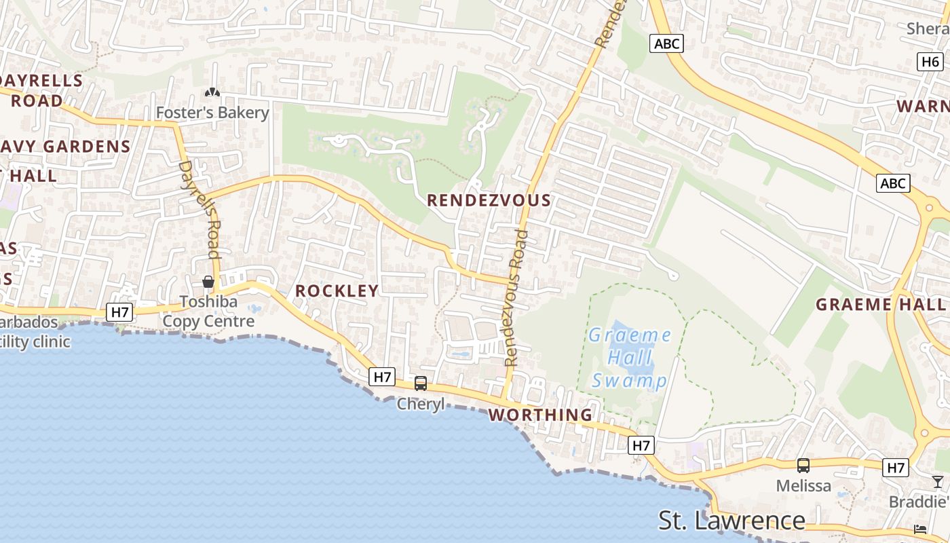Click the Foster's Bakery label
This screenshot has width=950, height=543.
coord(212,113)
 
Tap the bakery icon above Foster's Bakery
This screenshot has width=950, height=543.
coord(212,92)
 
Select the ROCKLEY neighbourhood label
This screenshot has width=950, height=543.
coord(337,291)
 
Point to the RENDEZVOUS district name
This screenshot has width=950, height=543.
coord(489,200)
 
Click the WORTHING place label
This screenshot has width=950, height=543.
coord(540,415)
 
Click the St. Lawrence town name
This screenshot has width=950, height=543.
coord(731,521)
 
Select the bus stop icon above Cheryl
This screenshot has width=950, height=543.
coord(421,383)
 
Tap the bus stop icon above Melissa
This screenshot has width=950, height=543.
coord(803,466)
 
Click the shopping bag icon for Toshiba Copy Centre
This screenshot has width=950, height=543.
coord(208,281)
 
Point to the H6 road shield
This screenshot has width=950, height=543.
coord(930,62)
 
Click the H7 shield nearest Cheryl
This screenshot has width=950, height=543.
coord(383,377)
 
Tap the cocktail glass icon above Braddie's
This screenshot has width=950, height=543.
coord(937,481)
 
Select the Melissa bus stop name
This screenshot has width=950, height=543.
coord(803,486)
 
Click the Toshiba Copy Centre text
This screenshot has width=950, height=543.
coord(210,312)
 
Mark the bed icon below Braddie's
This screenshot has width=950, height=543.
coord(920,529)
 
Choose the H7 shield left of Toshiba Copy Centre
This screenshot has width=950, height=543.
coord(119,312)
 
